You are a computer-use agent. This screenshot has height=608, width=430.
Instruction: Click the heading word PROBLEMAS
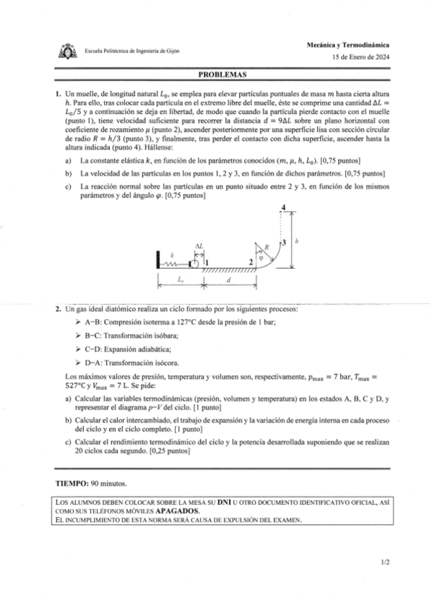(x=222, y=74)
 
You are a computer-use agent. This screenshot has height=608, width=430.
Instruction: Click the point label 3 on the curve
(x=284, y=243)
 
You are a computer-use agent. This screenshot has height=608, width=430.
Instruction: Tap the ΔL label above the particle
(x=198, y=246)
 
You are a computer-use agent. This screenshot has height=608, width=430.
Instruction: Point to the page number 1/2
(x=385, y=563)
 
